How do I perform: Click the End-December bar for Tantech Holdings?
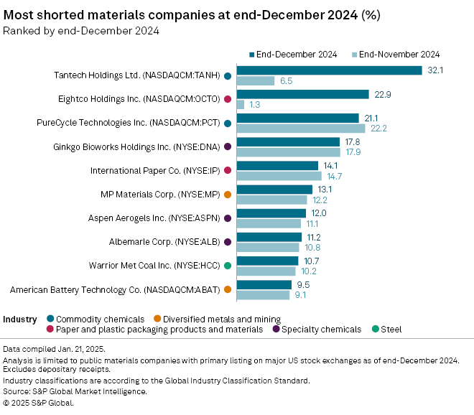click(x=329, y=70)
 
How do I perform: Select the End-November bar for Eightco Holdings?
click(x=241, y=104)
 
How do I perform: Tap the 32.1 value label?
click(x=434, y=70)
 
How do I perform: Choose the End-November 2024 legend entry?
click(x=395, y=54)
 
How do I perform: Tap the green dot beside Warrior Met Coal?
click(x=227, y=266)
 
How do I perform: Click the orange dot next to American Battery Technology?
click(x=227, y=289)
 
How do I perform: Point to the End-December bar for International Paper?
click(x=277, y=165)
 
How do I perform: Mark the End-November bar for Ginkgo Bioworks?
click(x=288, y=151)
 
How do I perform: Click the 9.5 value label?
click(x=303, y=284)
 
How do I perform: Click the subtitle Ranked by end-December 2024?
click(x=81, y=30)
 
